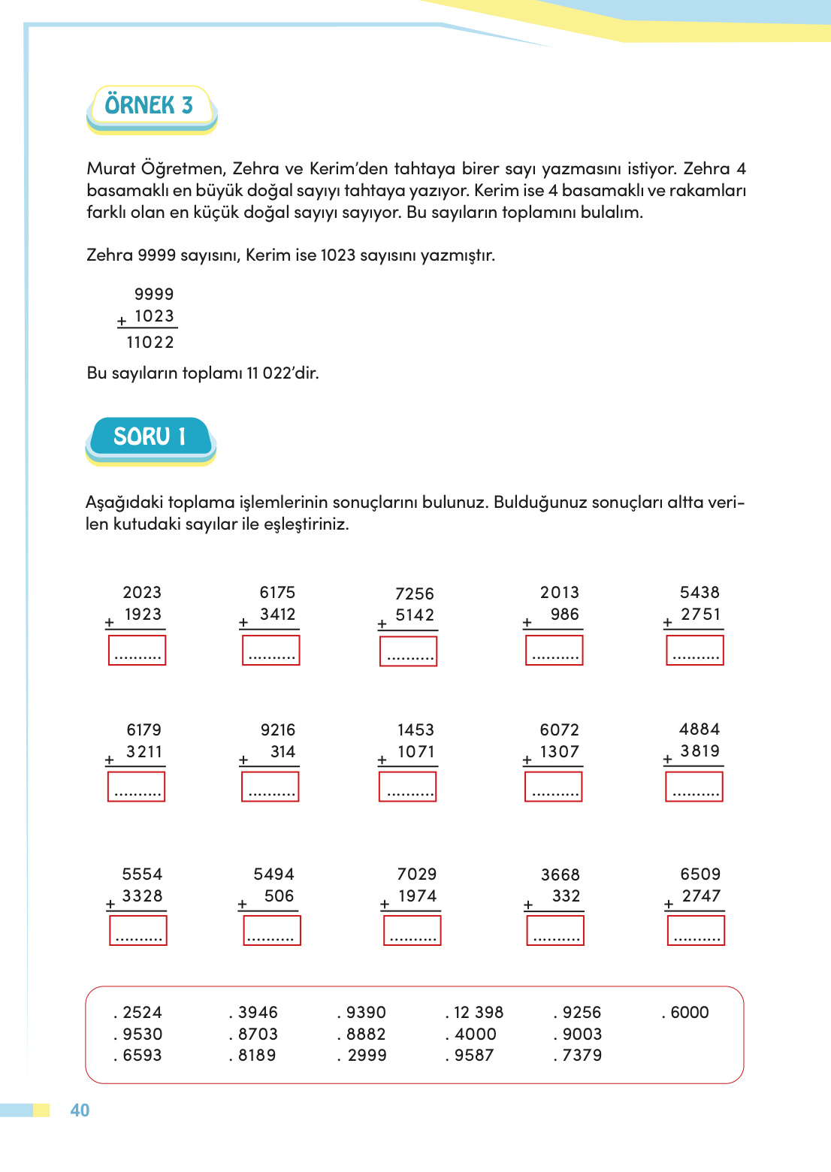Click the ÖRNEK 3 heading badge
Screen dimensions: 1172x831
tap(150, 106)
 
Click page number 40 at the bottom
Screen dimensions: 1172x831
tap(80, 1110)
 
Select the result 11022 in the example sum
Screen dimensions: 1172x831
tap(150, 343)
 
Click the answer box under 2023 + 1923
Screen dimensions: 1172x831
tap(137, 651)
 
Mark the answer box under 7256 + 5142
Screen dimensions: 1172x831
tap(408, 651)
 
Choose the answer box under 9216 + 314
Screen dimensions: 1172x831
tap(270, 787)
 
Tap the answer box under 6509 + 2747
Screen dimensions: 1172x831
tap(696, 932)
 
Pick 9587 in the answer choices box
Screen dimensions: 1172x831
tap(474, 1056)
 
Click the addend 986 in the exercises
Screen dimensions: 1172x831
tap(564, 615)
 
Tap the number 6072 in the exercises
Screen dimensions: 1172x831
tap(559, 730)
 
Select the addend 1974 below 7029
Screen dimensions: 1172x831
tap(417, 896)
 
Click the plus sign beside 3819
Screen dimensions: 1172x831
tap(667, 760)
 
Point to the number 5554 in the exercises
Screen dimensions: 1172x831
tap(142, 874)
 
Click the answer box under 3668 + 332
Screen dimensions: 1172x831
tap(555, 932)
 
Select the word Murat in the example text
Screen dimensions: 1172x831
tap(111, 169)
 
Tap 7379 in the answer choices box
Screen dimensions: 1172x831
tap(582, 1056)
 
